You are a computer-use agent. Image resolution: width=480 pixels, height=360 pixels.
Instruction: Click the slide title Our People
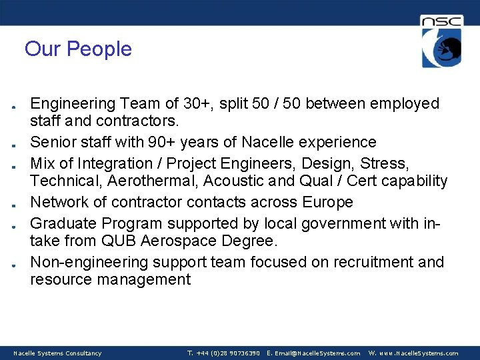(x=78, y=49)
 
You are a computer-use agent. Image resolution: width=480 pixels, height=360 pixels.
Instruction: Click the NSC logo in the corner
(x=441, y=41)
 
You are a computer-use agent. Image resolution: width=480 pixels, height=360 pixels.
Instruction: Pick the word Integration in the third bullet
(x=115, y=163)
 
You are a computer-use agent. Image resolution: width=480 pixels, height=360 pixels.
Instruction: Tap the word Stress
(x=385, y=163)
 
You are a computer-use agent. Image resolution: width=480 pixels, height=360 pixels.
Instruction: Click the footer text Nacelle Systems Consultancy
(x=58, y=353)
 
